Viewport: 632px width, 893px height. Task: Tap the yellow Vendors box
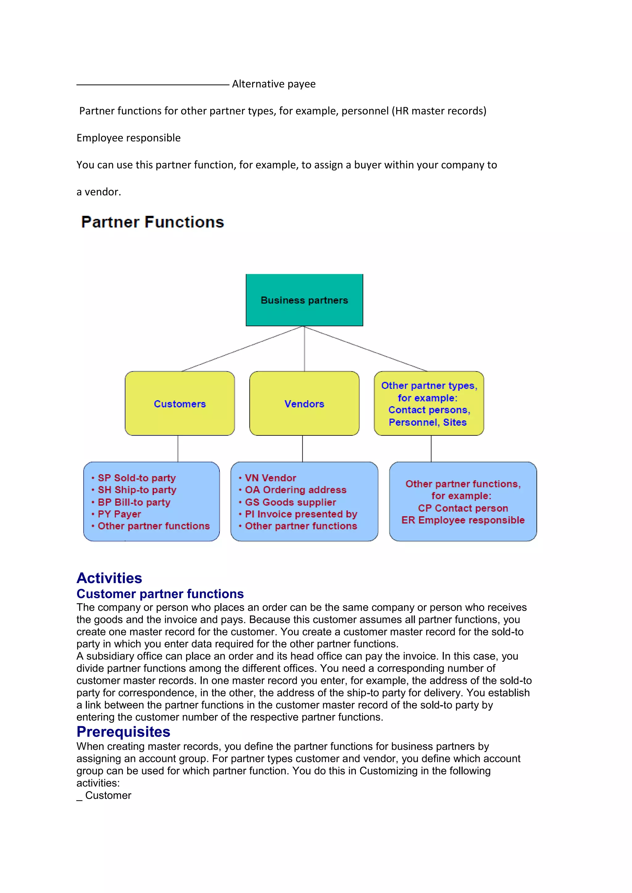pyautogui.click(x=304, y=404)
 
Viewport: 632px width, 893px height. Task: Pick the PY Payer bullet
pyautogui.click(x=119, y=514)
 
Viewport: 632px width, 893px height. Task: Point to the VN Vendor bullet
pyautogui.click(x=270, y=478)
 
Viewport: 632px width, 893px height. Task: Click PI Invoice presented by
pyautogui.click(x=301, y=514)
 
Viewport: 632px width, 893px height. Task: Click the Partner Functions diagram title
pyautogui.click(x=152, y=222)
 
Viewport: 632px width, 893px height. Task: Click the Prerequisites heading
pyautogui.click(x=123, y=732)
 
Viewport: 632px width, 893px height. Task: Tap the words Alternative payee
pyautogui.click(x=274, y=84)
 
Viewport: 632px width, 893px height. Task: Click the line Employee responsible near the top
pyautogui.click(x=128, y=138)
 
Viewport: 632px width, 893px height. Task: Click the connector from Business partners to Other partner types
pyautogui.click(x=366, y=348)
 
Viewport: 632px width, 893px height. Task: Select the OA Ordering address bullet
pyautogui.click(x=295, y=490)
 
